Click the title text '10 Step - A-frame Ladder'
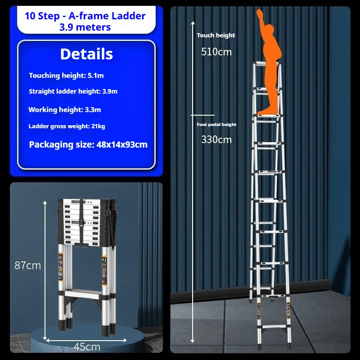tap(85, 16)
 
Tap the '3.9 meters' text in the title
tap(85, 27)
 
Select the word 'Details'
tap(86, 54)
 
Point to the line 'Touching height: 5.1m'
tap(66, 76)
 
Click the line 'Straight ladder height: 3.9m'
tap(73, 91)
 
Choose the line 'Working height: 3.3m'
tap(65, 110)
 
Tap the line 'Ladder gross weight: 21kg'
tap(67, 126)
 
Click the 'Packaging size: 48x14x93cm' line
tap(88, 145)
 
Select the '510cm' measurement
tap(216, 52)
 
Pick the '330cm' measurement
tap(216, 139)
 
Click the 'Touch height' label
tap(216, 35)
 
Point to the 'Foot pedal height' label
tap(216, 125)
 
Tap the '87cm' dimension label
tap(27, 265)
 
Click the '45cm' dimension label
tap(87, 346)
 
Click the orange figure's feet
tap(266, 110)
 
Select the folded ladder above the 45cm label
tap(85, 265)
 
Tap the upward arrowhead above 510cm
tap(193, 22)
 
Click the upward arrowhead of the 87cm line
tap(45, 203)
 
